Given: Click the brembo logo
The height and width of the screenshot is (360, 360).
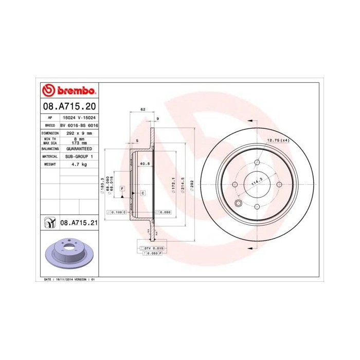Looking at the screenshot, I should click(x=69, y=92).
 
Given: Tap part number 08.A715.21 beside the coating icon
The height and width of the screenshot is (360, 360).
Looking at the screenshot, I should click(x=79, y=223).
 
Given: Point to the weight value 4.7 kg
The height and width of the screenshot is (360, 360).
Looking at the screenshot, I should click(x=79, y=164).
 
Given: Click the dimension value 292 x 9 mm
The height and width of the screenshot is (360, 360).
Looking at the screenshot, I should click(x=79, y=133).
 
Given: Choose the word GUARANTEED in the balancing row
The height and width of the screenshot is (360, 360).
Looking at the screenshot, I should click(x=79, y=148).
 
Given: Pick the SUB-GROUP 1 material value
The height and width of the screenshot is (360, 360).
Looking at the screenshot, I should click(x=79, y=156).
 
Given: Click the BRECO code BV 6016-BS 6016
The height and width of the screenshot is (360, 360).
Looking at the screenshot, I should click(x=79, y=125).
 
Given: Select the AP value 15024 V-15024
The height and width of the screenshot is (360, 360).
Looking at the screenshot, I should click(x=79, y=117).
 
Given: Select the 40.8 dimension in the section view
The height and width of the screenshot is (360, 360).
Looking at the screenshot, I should click(x=145, y=164).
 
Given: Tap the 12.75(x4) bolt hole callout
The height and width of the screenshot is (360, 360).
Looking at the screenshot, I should click(x=278, y=140).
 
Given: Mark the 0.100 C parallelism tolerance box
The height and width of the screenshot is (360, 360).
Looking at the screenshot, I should click(x=116, y=212).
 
